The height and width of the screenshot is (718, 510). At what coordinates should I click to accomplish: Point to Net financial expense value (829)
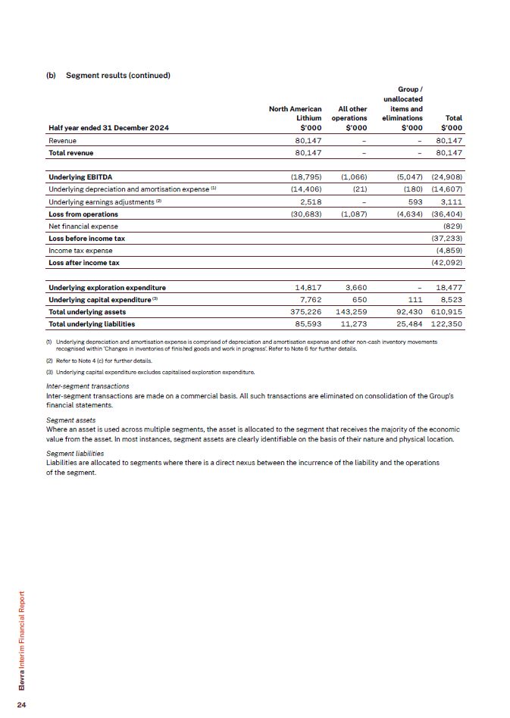pyautogui.click(x=452, y=226)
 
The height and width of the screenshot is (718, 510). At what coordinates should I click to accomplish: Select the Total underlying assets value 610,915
pyautogui.click(x=446, y=311)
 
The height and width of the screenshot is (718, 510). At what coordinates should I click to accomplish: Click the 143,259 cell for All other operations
pyautogui.click(x=350, y=311)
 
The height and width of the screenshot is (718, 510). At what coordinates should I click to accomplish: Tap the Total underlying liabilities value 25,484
pyautogui.click(x=405, y=323)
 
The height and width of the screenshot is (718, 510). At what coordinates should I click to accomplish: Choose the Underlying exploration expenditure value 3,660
pyautogui.click(x=355, y=287)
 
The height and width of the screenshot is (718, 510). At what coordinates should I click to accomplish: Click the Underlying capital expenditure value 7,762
pyautogui.click(x=310, y=299)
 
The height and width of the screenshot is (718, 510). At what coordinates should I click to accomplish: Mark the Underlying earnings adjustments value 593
pyautogui.click(x=415, y=201)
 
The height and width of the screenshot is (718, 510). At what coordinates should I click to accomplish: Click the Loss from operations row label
pyautogui.click(x=83, y=214)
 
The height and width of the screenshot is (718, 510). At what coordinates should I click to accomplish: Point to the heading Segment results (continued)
pyautogui.click(x=117, y=76)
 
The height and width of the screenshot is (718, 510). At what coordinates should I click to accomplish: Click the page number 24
pyautogui.click(x=22, y=705)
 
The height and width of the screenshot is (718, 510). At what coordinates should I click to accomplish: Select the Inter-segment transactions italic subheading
pyautogui.click(x=87, y=386)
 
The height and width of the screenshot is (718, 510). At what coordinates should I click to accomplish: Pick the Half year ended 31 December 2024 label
pyautogui.click(x=108, y=127)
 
